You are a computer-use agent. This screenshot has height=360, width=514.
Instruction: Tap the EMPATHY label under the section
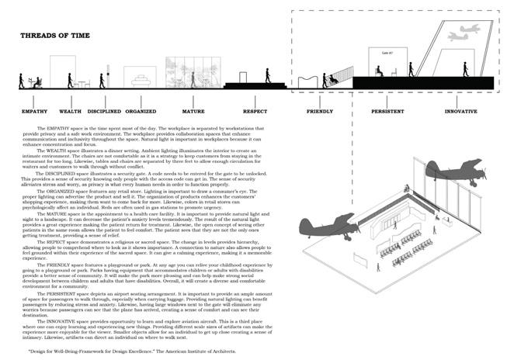pos(34,111)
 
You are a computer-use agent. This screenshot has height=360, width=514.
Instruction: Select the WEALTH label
pos(70,111)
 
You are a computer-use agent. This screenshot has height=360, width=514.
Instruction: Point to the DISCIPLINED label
pos(103,111)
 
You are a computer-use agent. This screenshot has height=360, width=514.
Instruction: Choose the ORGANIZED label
pos(141,111)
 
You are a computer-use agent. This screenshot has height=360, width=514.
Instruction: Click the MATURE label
pos(193,111)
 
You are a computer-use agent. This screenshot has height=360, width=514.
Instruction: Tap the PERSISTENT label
pos(387,111)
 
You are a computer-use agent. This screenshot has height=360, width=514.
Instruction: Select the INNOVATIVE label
pos(460,111)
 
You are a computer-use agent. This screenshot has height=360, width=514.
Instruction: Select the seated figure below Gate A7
pos(379,71)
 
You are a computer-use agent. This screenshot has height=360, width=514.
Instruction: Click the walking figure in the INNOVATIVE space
pos(465,68)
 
